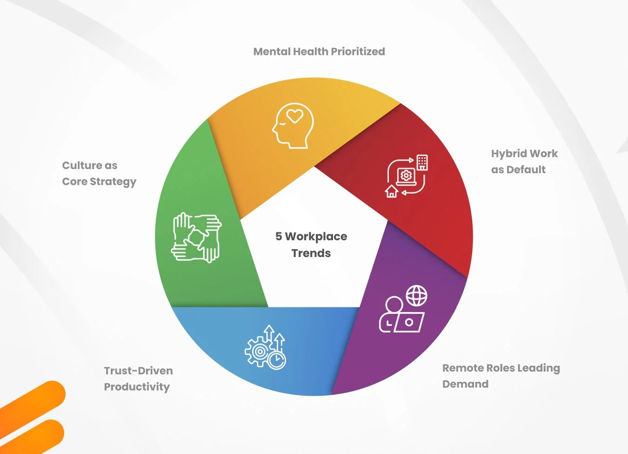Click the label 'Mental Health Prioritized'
[319, 52]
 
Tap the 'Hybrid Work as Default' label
[524, 162]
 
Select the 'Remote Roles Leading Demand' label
[501, 376]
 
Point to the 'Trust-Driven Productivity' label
[138, 379]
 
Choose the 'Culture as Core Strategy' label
[99, 173]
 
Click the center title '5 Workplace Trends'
[311, 244]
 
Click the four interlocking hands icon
[196, 237]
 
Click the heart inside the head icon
[294, 115]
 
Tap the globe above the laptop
[416, 296]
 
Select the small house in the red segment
[392, 191]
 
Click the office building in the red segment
[422, 162]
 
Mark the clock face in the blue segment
[277, 359]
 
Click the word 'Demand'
[465, 384]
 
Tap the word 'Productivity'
[137, 387]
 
